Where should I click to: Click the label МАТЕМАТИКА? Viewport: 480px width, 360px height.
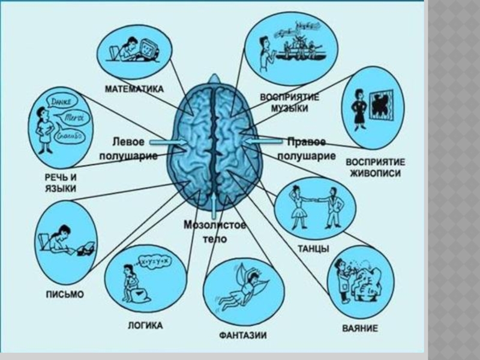pyautogui.click(x=135, y=88)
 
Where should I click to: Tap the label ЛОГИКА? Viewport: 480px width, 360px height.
pyautogui.click(x=145, y=326)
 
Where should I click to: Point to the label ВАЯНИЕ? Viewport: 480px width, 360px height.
pyautogui.click(x=359, y=329)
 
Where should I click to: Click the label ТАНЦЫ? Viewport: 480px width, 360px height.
pyautogui.click(x=313, y=249)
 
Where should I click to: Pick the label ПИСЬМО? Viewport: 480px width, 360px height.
pyautogui.click(x=65, y=295)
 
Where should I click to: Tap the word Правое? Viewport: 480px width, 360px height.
pyautogui.click(x=306, y=142)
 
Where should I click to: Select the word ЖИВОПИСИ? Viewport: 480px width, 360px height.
pyautogui.click(x=375, y=174)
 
